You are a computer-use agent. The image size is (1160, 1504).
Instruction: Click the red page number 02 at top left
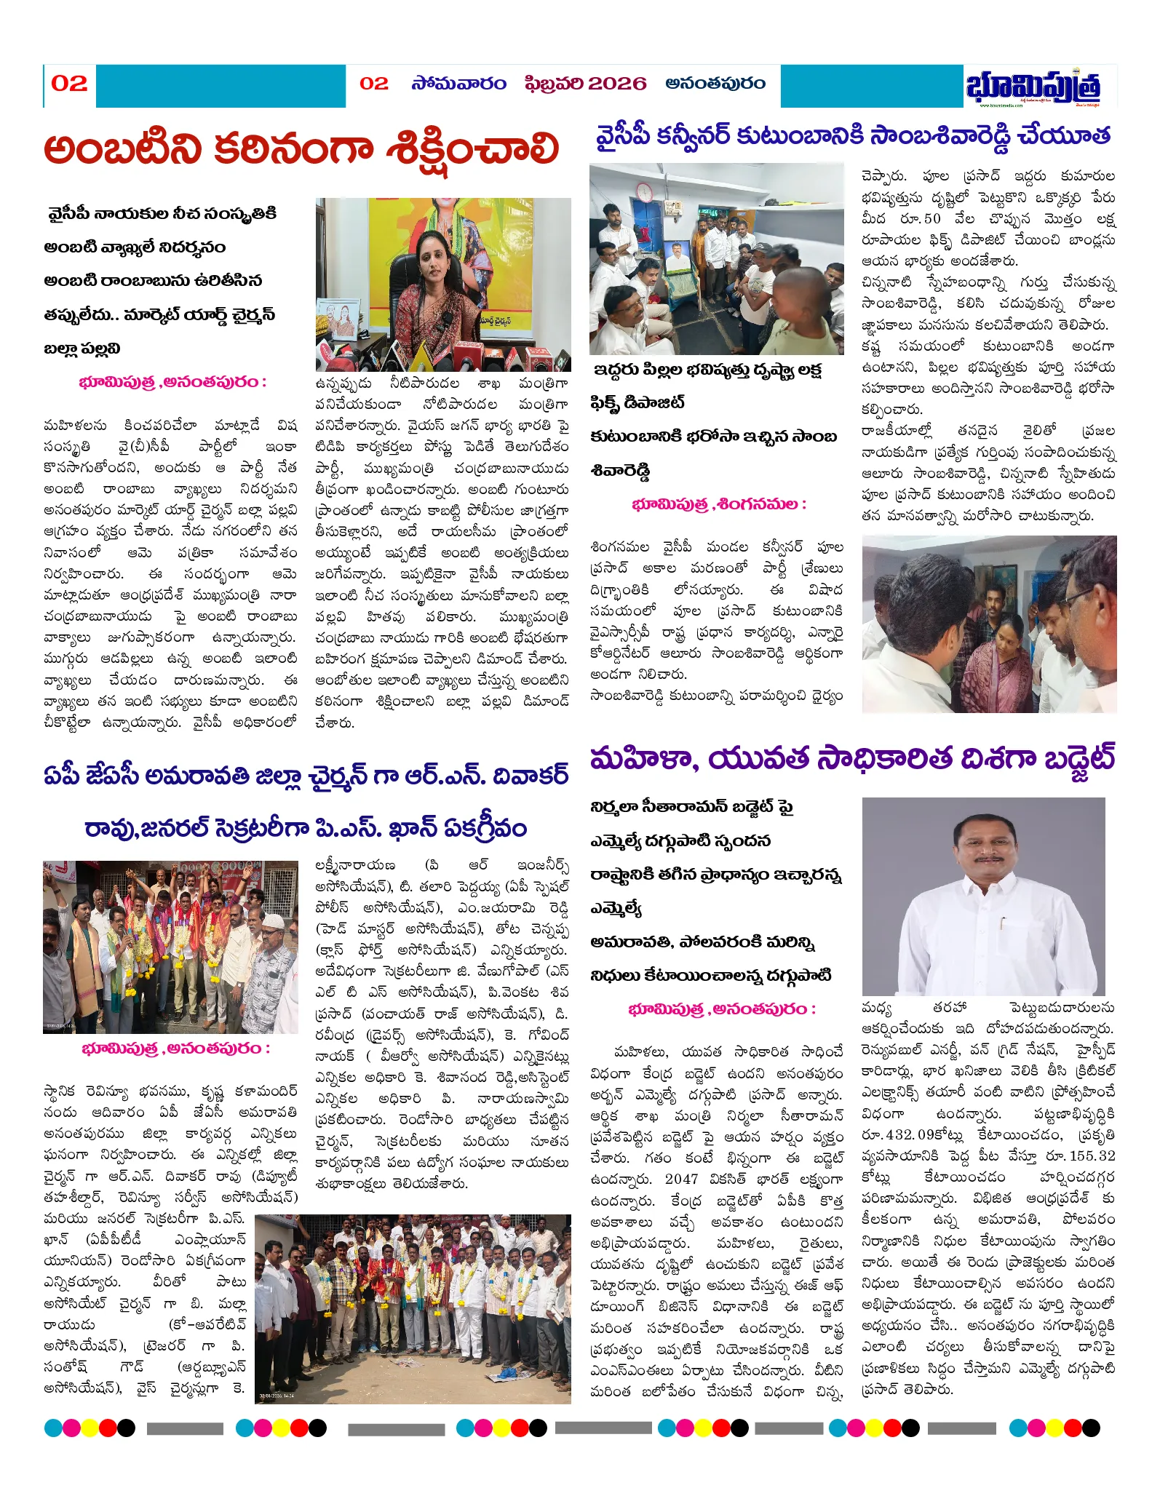pos(69,84)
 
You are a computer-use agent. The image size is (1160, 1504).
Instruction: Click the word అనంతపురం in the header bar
pos(715,84)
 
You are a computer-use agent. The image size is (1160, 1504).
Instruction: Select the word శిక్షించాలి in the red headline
pos(472,149)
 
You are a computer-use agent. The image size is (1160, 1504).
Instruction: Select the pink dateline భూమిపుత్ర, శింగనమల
pos(718,504)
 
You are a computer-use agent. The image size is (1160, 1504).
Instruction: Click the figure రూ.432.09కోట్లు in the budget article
pos(913,1135)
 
